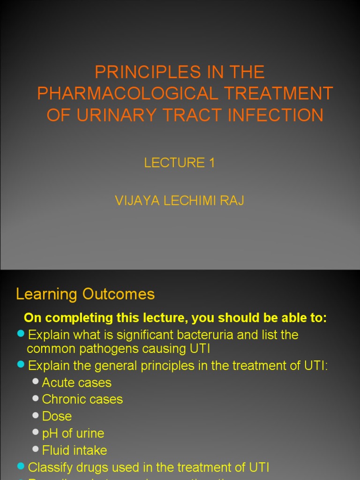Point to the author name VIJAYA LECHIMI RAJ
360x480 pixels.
tap(180, 201)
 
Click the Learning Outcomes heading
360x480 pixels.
tap(85, 294)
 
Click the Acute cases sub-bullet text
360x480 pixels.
tap(77, 382)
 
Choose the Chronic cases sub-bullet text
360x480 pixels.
tap(82, 399)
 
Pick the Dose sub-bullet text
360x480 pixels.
tap(57, 416)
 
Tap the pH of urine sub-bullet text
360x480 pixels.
tap(73, 434)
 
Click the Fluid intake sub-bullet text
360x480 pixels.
tap(75, 450)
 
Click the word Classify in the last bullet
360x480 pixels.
tap(48, 467)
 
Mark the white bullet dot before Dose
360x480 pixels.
tap(36, 415)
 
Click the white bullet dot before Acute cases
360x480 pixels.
tap(36, 382)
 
